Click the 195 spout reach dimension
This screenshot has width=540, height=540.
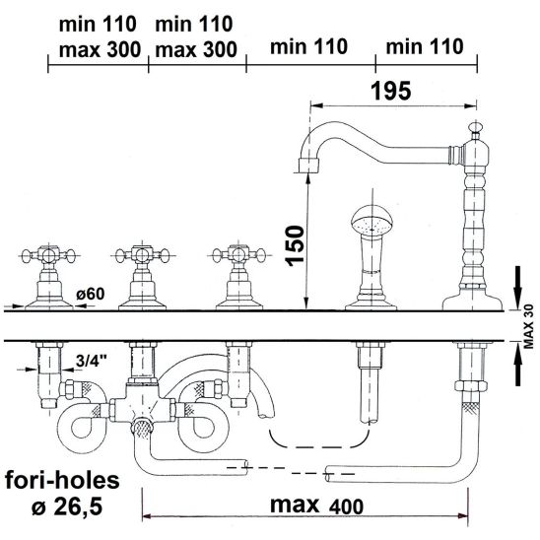391,92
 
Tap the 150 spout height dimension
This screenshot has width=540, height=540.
296,245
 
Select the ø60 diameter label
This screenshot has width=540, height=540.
91,294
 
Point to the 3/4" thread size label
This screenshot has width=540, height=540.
92,361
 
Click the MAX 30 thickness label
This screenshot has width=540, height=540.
528,326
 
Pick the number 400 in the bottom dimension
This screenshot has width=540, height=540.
346,506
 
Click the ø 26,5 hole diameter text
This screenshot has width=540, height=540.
67,506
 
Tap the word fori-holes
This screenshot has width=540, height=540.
62,480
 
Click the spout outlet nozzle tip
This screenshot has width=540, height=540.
308,166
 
